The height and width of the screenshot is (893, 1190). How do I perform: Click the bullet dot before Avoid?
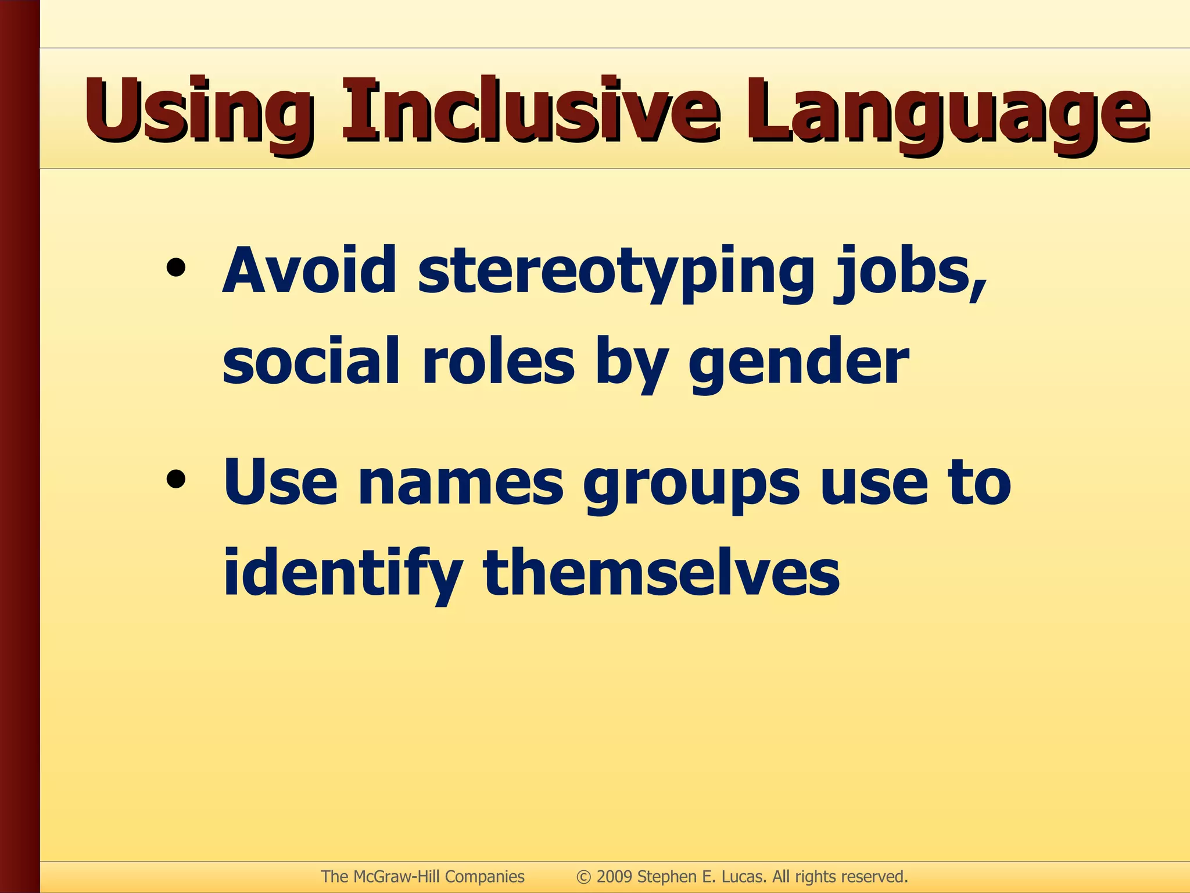point(175,269)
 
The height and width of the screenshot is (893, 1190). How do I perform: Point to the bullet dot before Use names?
point(175,480)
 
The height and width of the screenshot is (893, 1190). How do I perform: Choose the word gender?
point(798,363)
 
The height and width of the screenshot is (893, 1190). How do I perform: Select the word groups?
point(691,485)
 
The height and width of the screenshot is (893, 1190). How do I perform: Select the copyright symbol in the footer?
point(583,877)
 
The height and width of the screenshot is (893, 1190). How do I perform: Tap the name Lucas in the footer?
point(744,877)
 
